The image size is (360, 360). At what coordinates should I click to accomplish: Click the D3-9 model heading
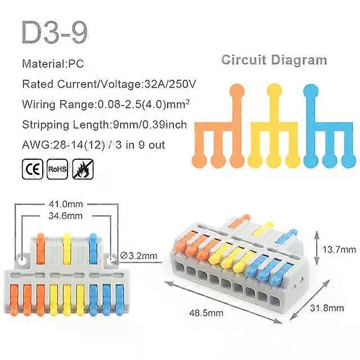pos(55,32)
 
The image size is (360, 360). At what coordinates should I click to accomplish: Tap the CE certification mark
pos(33,169)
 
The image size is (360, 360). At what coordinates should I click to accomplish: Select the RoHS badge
pos(57,169)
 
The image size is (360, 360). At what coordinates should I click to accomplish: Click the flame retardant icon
pos(83,169)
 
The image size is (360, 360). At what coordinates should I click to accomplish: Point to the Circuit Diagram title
pos(274,60)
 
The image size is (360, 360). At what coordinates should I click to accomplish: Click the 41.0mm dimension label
pos(66,204)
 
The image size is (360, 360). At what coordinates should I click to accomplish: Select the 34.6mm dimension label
pos(66,216)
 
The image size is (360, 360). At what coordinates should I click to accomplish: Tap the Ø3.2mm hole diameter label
pos(139,256)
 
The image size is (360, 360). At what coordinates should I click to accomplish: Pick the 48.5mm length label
pos(206,313)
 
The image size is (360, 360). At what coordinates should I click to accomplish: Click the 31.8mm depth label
pos(327,308)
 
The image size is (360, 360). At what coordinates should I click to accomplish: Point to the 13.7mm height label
pos(339,249)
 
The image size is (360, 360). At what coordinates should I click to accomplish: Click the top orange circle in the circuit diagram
pos(237,91)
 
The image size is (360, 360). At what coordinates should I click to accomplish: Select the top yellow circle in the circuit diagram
pos(274,91)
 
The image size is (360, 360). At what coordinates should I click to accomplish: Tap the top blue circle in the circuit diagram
pos(311,91)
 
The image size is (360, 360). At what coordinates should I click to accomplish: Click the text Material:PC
pos(53,64)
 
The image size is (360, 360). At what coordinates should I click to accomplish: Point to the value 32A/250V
pos(170,84)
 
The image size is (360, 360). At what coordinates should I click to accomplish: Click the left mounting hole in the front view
pos(22,259)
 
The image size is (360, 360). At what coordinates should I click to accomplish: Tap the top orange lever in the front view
pos(40,249)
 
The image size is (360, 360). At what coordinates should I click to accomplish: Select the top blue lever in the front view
pos(93,249)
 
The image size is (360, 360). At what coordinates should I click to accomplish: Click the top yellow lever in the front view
pos(67,249)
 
